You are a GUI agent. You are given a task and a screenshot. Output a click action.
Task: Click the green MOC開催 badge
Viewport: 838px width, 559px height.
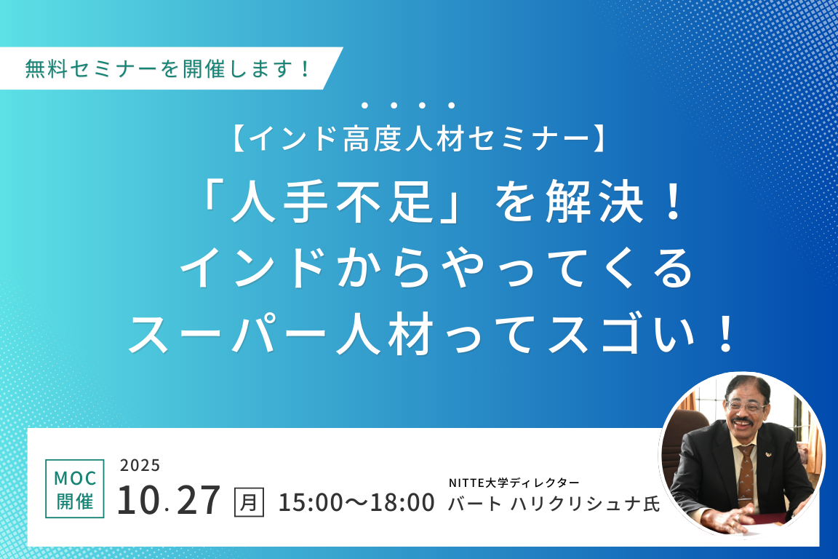click(75, 488)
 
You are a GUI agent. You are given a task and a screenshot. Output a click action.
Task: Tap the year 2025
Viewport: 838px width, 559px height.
click(140, 465)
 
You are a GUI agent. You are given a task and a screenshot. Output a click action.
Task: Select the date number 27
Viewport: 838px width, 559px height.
click(198, 500)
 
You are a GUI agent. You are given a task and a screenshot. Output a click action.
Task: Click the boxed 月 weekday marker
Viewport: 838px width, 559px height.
click(249, 502)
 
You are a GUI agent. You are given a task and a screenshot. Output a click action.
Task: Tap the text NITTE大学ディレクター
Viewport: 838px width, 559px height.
click(514, 483)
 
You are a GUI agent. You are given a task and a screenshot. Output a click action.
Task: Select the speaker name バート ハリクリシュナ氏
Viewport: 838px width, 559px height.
click(554, 504)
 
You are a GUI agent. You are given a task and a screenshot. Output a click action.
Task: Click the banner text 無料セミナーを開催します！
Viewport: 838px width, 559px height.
click(168, 68)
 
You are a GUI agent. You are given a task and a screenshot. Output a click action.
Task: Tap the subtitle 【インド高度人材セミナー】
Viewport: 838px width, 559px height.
click(420, 138)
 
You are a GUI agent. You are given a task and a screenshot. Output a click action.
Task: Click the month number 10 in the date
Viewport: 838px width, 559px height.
click(138, 500)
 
